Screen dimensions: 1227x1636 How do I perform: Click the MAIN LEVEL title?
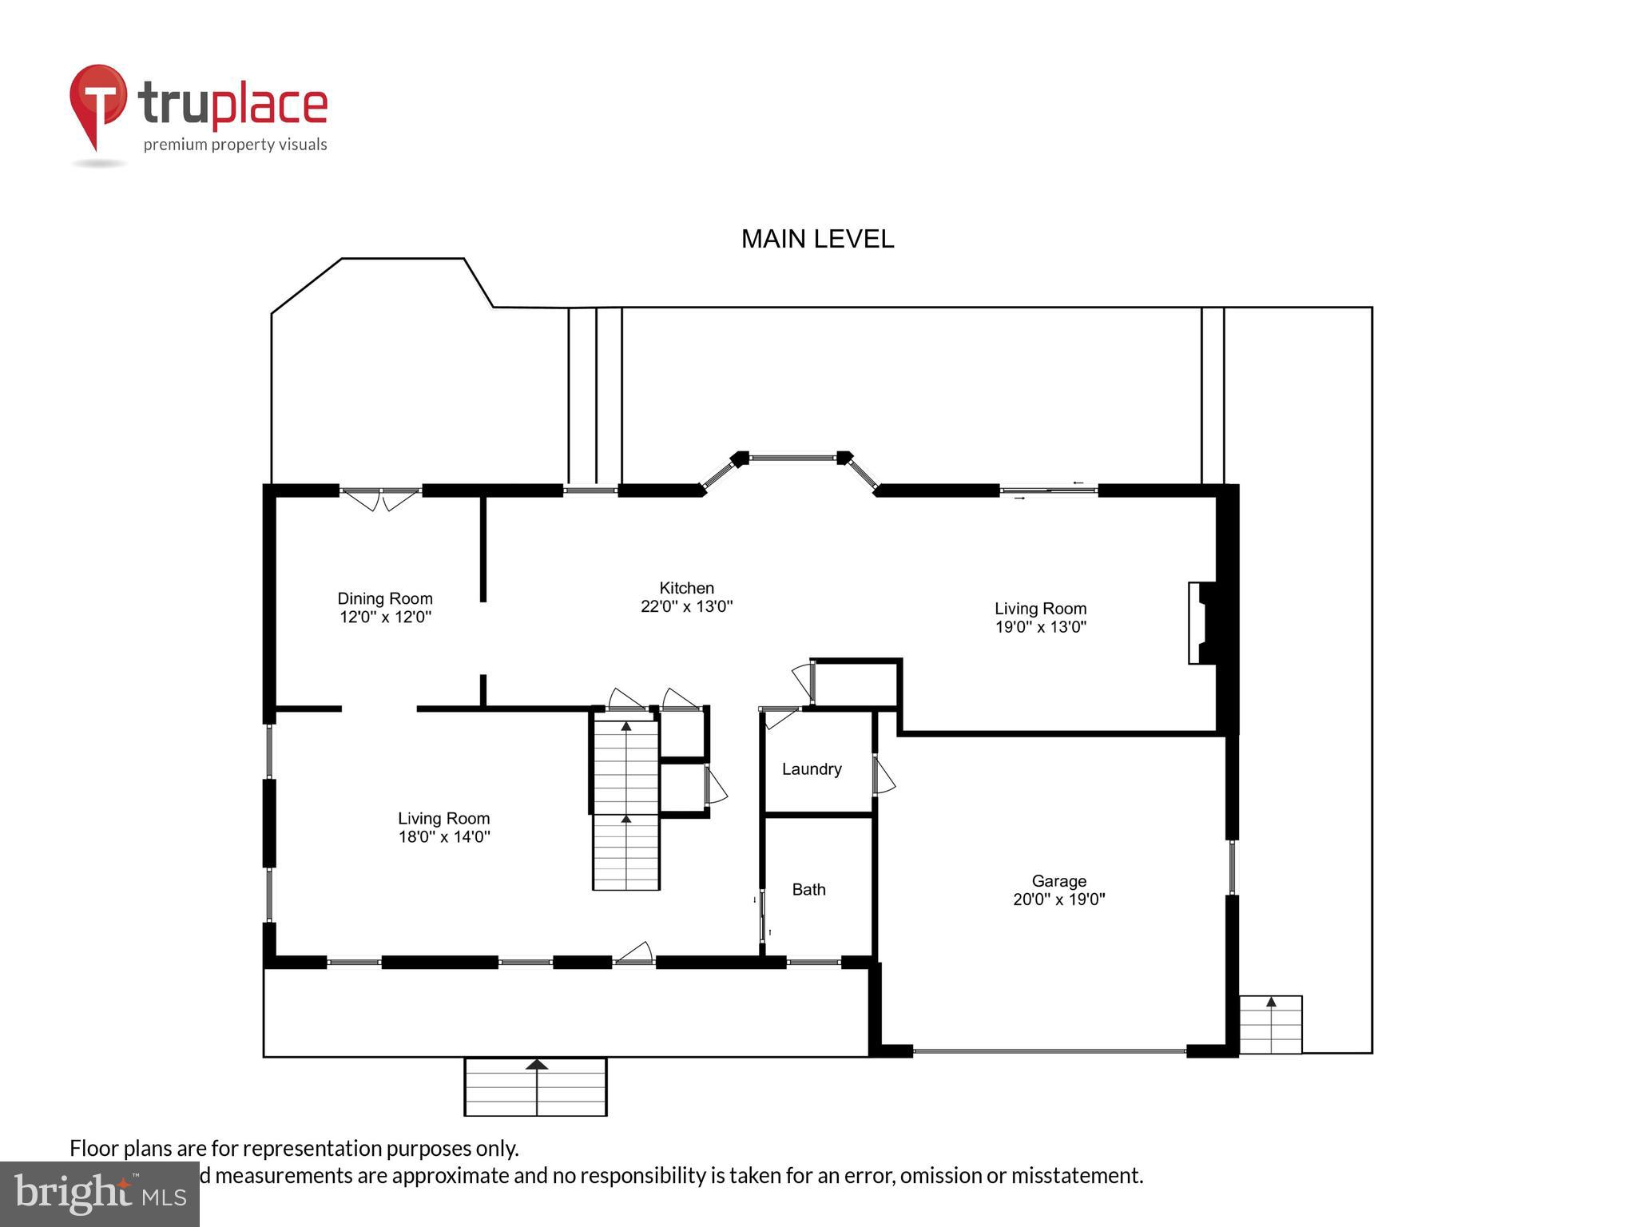(817, 239)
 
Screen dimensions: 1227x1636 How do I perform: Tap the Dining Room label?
(385, 598)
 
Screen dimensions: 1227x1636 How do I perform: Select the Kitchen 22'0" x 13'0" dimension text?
(686, 606)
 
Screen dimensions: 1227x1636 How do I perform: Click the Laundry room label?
(812, 769)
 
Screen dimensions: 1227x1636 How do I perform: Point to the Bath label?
(808, 889)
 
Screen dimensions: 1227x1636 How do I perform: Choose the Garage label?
(1058, 880)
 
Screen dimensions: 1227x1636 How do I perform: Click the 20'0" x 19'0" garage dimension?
(1058, 899)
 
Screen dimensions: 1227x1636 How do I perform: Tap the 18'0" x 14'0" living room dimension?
(444, 837)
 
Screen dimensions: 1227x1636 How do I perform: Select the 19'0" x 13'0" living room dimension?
(1040, 627)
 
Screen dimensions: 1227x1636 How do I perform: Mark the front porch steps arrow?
(537, 1065)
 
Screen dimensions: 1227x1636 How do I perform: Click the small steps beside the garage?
(1270, 1025)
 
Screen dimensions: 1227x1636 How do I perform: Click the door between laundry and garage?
(883, 775)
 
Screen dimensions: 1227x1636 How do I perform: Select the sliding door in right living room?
(1049, 490)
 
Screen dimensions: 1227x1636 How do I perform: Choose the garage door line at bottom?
(1049, 1051)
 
